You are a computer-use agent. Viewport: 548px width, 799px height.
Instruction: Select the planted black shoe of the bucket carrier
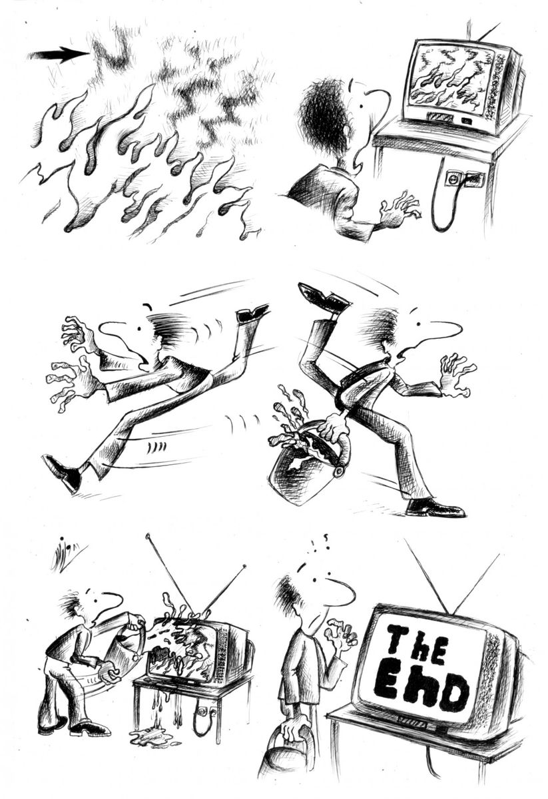click(436, 507)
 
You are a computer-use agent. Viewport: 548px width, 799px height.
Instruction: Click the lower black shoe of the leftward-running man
click(61, 473)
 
